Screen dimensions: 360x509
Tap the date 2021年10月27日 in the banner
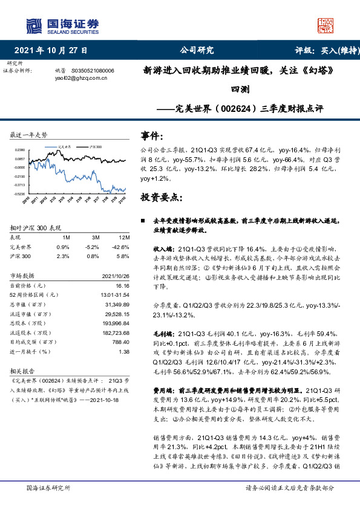pyautogui.click(x=51, y=50)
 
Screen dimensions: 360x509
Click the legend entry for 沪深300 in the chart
pyautogui.click(x=95, y=146)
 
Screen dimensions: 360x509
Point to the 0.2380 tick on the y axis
pyautogui.click(x=20, y=149)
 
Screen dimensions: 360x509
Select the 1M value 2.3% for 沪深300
pyautogui.click(x=62, y=256)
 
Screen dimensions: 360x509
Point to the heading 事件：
pyautogui.click(x=151, y=135)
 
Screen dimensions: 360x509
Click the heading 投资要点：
pyautogui.click(x=159, y=197)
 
